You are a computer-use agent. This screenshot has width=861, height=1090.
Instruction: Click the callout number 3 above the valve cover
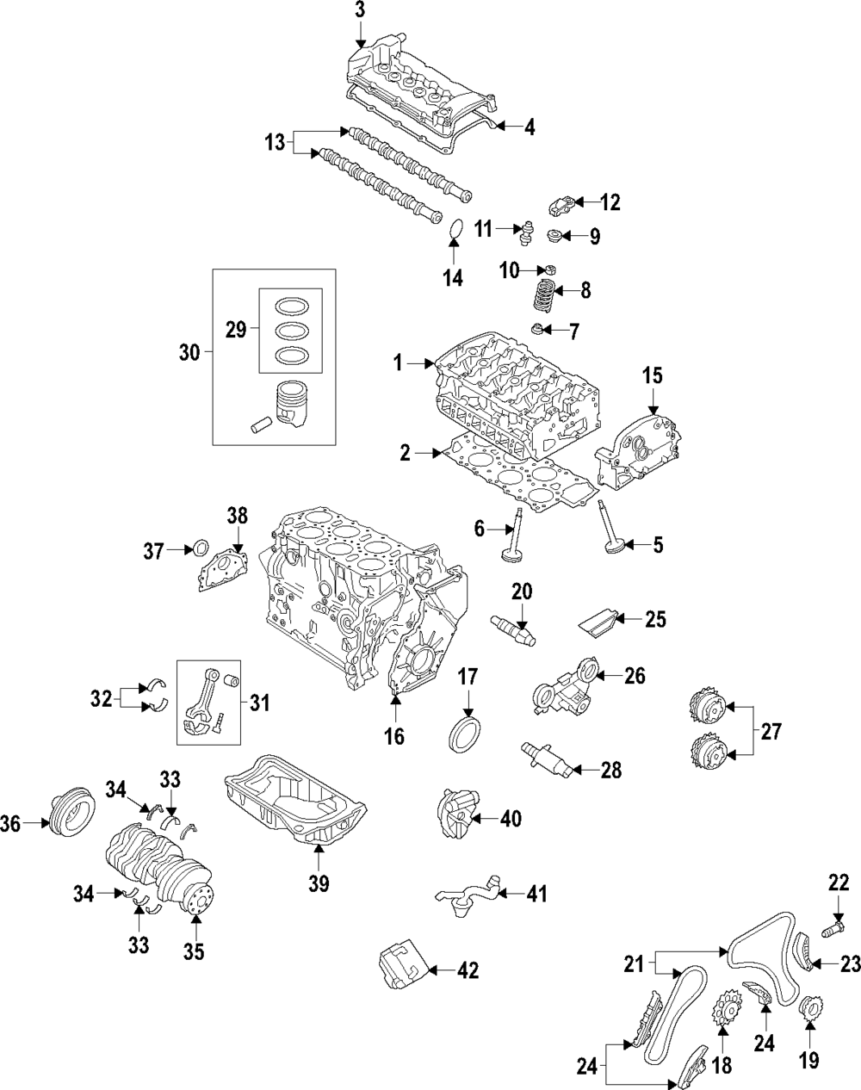(360, 10)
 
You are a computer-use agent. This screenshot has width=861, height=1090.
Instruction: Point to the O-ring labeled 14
(456, 230)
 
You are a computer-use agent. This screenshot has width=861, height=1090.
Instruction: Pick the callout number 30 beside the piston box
(189, 351)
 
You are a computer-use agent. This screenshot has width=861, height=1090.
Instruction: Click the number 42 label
(467, 970)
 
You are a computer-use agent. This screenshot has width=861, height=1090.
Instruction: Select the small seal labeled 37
(200, 548)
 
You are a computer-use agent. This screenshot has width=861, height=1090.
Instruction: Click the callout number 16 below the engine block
(396, 737)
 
